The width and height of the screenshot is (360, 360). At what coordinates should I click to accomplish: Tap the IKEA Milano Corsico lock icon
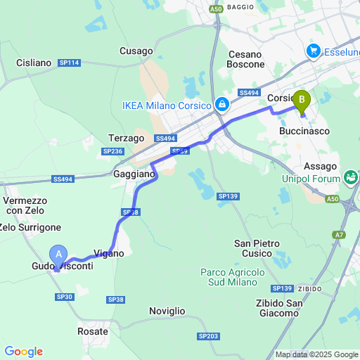tap(222, 105)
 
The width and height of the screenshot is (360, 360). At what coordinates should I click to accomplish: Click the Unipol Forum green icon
tap(349, 176)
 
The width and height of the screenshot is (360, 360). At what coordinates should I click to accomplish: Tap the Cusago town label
tap(136, 51)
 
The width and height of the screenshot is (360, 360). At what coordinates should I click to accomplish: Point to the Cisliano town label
tap(33, 63)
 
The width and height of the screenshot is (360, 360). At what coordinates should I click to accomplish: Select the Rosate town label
tap(93, 331)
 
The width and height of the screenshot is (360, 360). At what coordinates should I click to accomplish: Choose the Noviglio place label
tap(167, 311)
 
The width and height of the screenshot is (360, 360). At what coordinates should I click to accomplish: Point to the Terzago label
tap(127, 138)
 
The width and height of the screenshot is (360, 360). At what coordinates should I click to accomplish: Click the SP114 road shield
tap(70, 63)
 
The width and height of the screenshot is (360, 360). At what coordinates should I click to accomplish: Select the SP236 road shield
tap(112, 151)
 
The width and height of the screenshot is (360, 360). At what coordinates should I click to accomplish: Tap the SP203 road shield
tap(208, 337)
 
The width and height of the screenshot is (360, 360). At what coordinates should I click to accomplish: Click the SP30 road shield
tap(65, 297)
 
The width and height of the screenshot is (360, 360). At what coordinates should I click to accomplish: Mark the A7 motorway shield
tap(340, 235)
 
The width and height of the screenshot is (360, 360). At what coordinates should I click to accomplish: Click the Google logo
tap(23, 351)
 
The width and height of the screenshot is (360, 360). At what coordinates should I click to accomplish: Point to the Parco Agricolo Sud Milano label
tap(232, 277)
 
